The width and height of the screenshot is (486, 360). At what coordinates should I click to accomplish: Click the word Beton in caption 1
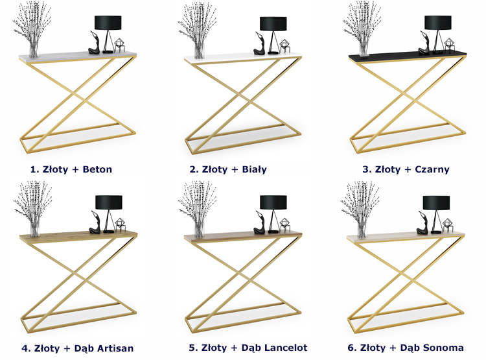(97, 169)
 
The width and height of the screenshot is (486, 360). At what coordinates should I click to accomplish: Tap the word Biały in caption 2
(254, 169)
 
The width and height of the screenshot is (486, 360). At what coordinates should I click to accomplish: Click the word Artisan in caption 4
(115, 348)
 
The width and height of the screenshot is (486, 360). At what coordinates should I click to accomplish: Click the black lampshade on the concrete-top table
(108, 23)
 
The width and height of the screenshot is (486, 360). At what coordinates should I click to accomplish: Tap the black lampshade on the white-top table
(273, 23)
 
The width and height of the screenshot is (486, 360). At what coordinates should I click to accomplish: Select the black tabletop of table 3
(408, 56)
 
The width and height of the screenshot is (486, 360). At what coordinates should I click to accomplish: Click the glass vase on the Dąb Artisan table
(35, 229)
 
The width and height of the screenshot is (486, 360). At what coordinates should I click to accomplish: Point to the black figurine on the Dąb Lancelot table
(260, 223)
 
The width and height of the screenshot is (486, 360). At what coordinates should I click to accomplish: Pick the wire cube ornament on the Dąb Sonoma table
(447, 225)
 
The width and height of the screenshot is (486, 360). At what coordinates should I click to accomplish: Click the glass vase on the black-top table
(364, 50)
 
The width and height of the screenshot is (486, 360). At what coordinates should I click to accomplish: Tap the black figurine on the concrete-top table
(95, 43)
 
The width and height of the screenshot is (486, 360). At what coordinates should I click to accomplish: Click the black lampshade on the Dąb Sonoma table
(436, 202)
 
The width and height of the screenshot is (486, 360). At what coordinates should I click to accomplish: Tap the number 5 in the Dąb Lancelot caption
(192, 348)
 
